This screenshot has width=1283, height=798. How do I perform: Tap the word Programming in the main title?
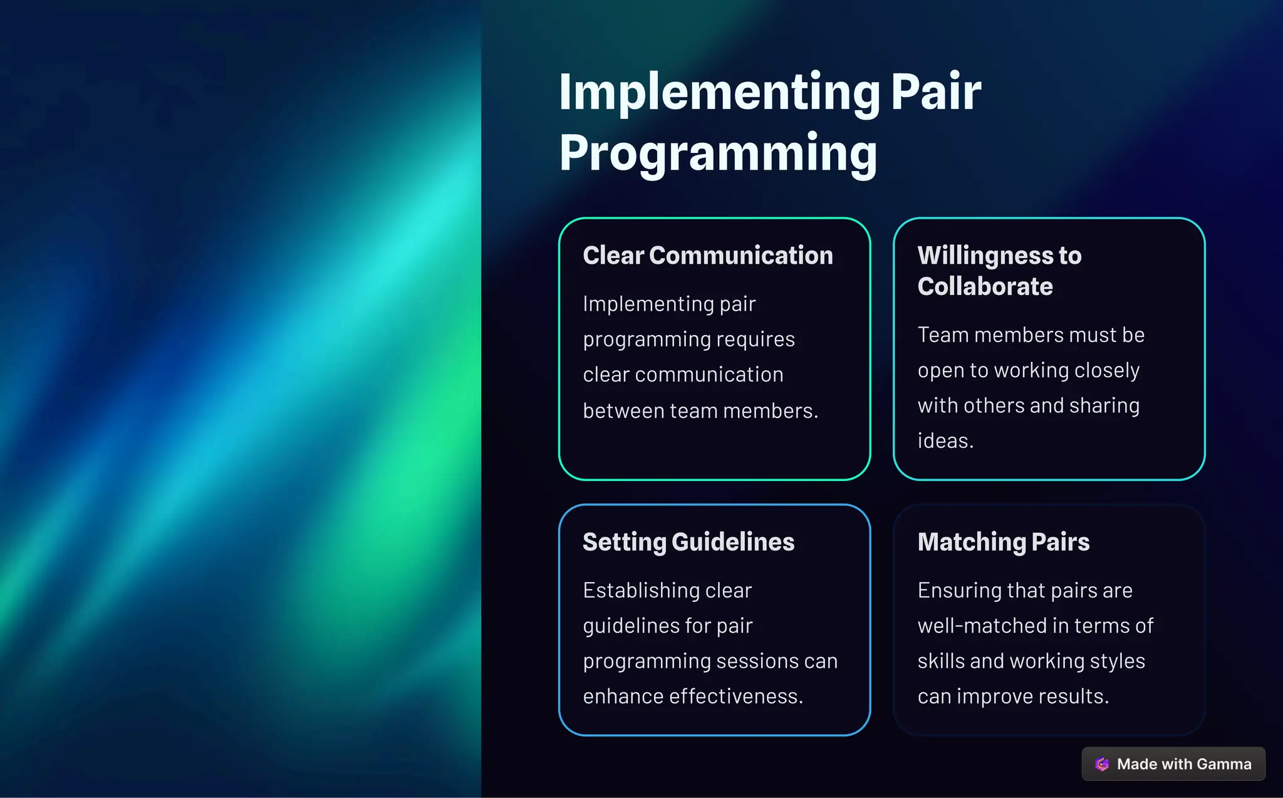pos(718,153)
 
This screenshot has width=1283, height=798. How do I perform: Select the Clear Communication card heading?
pos(708,256)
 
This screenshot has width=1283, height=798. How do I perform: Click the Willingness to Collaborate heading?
pos(999,271)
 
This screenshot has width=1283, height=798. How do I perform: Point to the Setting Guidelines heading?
pos(688,542)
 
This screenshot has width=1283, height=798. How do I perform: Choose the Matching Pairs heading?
pos(1004,542)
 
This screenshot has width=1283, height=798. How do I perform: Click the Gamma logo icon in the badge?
pos(1102,764)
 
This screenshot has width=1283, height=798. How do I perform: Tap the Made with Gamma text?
pos(1184,764)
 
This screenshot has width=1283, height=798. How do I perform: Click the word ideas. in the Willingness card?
pos(945,441)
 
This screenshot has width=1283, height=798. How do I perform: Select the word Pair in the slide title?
pos(936,93)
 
